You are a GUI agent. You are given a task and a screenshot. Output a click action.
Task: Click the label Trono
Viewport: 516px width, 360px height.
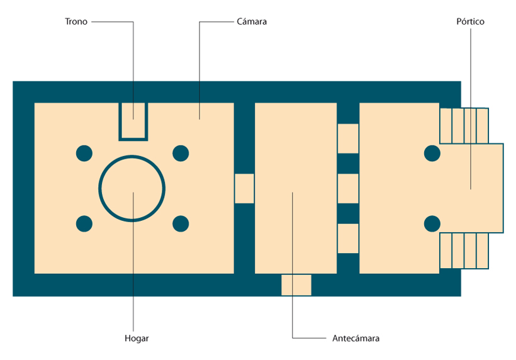pyautogui.click(x=76, y=22)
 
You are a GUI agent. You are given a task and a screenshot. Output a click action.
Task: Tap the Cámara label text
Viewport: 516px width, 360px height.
pyautogui.click(x=252, y=22)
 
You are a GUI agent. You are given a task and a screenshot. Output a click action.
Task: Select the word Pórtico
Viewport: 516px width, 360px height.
pyautogui.click(x=470, y=22)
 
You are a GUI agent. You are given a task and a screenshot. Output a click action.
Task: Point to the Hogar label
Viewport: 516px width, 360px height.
pyautogui.click(x=137, y=339)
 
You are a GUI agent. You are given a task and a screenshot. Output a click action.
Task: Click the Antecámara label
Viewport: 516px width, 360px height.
pyautogui.click(x=356, y=338)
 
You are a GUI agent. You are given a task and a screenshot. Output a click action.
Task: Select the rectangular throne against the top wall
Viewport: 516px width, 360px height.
pyautogui.click(x=120, y=121)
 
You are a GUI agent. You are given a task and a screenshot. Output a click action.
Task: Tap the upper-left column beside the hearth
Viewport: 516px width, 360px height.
pyautogui.click(x=84, y=154)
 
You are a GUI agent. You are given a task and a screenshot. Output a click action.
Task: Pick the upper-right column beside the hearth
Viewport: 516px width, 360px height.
pyautogui.click(x=181, y=154)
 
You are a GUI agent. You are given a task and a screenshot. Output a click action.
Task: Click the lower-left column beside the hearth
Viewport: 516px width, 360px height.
pyautogui.click(x=84, y=224)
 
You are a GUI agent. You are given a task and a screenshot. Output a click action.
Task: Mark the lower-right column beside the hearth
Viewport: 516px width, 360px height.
pyautogui.click(x=181, y=224)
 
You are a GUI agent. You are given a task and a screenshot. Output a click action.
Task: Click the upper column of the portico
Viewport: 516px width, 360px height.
pyautogui.click(x=432, y=154)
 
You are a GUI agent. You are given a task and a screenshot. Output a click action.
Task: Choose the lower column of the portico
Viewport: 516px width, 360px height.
pyautogui.click(x=432, y=224)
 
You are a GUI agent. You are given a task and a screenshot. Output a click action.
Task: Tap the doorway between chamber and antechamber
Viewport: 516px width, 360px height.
pyautogui.click(x=244, y=189)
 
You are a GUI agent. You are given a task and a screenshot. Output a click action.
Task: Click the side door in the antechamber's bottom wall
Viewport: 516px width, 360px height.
pyautogui.click(x=296, y=285)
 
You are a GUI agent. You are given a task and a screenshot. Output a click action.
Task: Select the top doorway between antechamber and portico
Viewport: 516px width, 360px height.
pyautogui.click(x=348, y=138)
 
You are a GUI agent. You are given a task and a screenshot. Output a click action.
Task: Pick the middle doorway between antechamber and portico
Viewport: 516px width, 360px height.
pyautogui.click(x=348, y=189)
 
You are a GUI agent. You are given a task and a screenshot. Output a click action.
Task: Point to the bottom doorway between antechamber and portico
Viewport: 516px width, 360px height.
pyautogui.click(x=348, y=239)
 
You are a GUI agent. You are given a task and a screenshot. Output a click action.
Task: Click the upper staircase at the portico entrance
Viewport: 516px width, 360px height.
pyautogui.click(x=464, y=126)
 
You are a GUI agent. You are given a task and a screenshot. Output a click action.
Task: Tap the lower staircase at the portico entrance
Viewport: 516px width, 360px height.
pyautogui.click(x=464, y=250)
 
